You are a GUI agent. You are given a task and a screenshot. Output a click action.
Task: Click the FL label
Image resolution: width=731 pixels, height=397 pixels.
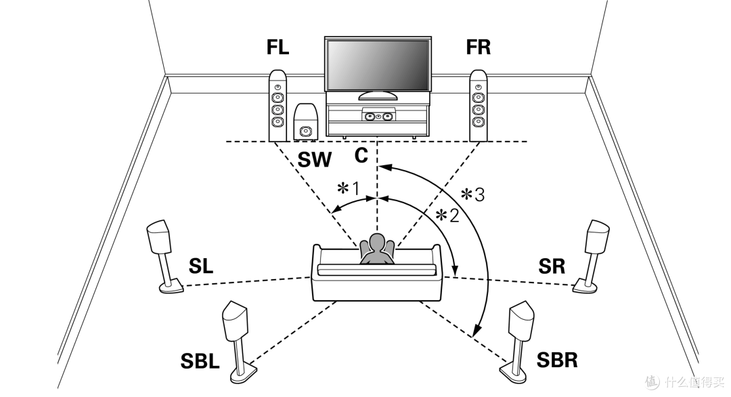(278, 47)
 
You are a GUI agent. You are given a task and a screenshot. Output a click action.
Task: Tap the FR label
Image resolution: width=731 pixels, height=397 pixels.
(479, 47)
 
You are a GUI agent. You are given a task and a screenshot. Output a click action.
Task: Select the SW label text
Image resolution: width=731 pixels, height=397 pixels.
(314, 160)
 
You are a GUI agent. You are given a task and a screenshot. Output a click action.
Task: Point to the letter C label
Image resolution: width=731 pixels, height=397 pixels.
(361, 155)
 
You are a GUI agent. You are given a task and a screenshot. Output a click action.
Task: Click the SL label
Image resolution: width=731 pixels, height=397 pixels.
(201, 266)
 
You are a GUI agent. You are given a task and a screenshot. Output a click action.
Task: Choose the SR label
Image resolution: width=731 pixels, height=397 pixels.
(552, 266)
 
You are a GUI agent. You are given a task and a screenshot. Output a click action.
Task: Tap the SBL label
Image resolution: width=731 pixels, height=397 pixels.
(200, 362)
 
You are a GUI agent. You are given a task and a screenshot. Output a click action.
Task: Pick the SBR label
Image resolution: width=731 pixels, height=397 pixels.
(557, 360)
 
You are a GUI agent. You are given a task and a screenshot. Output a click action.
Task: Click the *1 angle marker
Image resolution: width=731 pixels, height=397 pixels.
(349, 189)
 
